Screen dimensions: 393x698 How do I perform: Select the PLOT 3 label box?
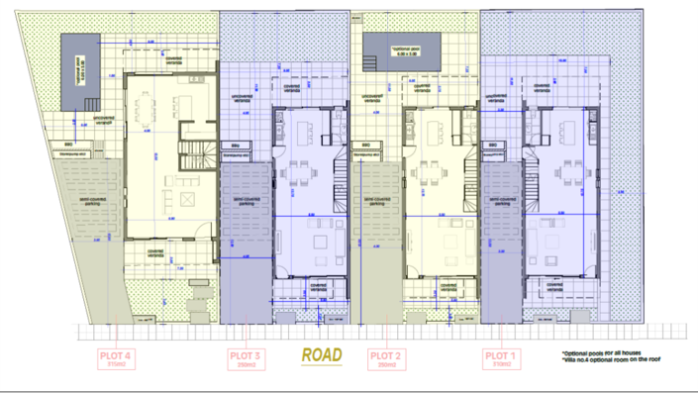245,358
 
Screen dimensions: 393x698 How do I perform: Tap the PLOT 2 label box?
384,358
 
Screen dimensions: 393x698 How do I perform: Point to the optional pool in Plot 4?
80,70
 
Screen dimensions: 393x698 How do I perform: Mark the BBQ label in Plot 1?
489,146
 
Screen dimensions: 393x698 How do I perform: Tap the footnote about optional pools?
603,353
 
